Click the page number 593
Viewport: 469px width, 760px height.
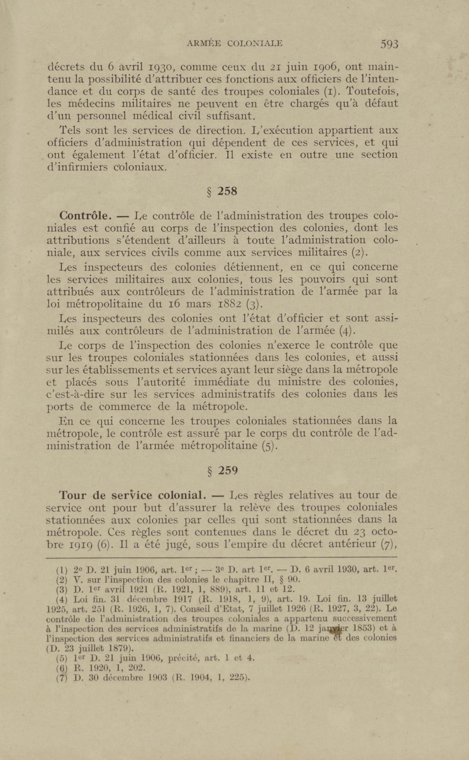tap(389, 44)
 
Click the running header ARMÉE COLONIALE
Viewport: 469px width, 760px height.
tap(235, 44)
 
